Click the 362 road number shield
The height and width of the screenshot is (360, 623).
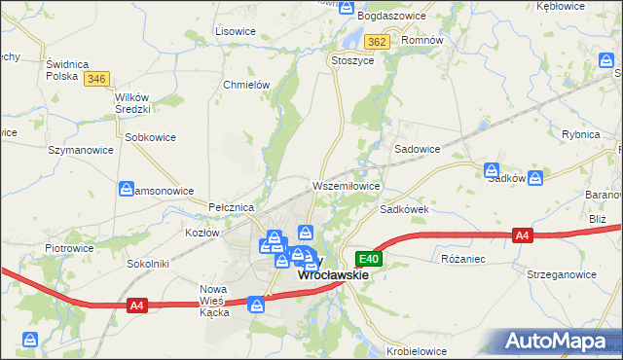click(379, 42)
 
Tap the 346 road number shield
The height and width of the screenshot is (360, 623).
click(95, 79)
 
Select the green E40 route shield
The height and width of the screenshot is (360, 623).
click(368, 259)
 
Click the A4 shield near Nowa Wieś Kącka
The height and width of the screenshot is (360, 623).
click(137, 306)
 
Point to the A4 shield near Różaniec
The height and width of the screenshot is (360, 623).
click(523, 235)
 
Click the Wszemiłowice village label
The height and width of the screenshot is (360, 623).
click(345, 185)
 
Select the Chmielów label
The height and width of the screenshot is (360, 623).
click(246, 85)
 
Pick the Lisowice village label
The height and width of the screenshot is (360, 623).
click(235, 31)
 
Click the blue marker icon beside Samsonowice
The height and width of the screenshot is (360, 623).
click(127, 189)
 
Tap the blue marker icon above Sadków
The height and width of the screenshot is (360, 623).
click(494, 169)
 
